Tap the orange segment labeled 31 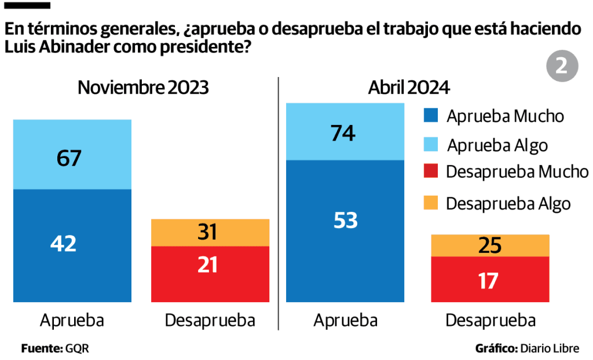pos(210,233)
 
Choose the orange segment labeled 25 pos(489,246)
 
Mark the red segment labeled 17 pos(489,280)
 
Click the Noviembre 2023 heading pos(144,88)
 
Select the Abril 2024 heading pos(409,88)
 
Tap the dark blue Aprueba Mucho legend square pos(432,116)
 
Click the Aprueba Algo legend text pos(497,145)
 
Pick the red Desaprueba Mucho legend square pos(432,172)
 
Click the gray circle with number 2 pos(562,66)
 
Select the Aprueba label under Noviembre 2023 pos(72,321)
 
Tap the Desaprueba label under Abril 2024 pos(490,321)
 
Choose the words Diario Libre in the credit pos(550,348)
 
